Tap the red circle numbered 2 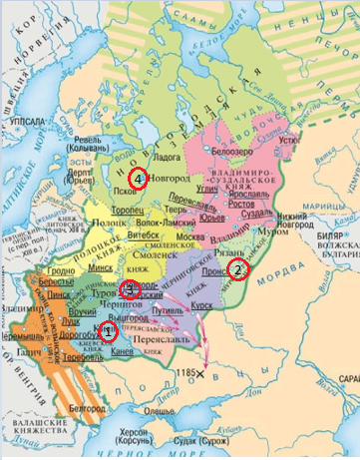coord(237,269)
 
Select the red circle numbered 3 coord(130,290)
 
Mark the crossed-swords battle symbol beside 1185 coord(201,374)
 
